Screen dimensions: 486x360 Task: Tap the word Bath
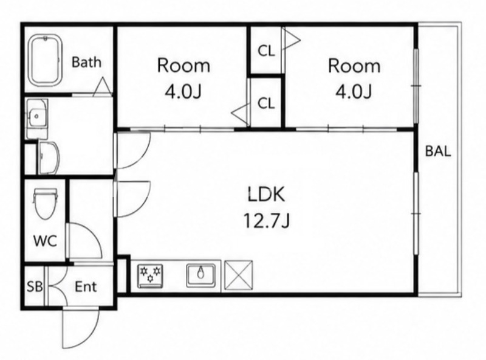tap(86, 62)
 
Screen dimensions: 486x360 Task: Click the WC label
tap(45, 241)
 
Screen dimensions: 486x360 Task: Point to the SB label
tap(35, 287)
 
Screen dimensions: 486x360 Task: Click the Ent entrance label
tap(86, 287)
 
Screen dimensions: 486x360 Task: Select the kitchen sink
tap(201, 275)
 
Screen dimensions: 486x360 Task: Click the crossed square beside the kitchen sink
tap(238, 275)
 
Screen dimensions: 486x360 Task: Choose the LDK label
tap(266, 195)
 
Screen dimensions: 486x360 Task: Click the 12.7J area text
tap(267, 221)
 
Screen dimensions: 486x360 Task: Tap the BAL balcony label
tap(437, 151)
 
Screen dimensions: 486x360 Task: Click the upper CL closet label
tap(266, 51)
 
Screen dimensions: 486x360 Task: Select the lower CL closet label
tap(266, 103)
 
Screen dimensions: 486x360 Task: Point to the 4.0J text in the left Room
tap(183, 92)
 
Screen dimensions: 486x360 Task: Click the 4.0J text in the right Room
tap(354, 92)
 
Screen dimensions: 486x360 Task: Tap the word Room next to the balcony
tap(354, 66)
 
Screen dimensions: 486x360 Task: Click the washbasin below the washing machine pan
tap(49, 157)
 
